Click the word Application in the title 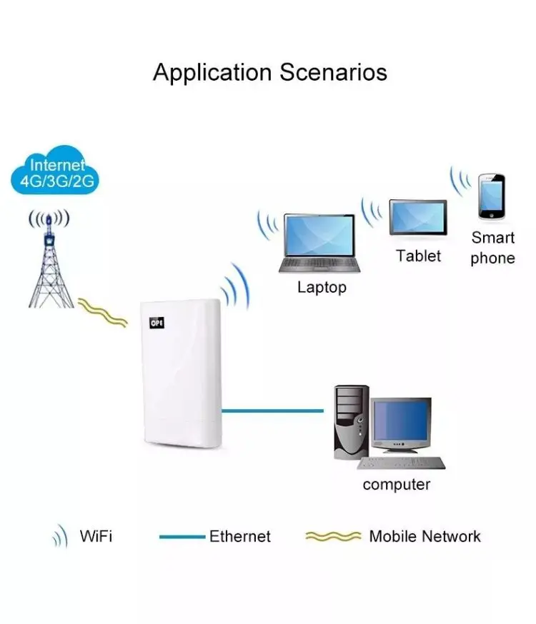212,73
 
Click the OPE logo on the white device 156,323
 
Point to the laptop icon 319,243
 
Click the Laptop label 322,288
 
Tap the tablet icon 418,218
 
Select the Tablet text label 419,256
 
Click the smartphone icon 492,196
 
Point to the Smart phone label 492,248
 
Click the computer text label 397,485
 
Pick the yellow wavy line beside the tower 103,312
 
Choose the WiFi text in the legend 96,536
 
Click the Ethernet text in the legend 239,536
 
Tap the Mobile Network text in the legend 425,536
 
